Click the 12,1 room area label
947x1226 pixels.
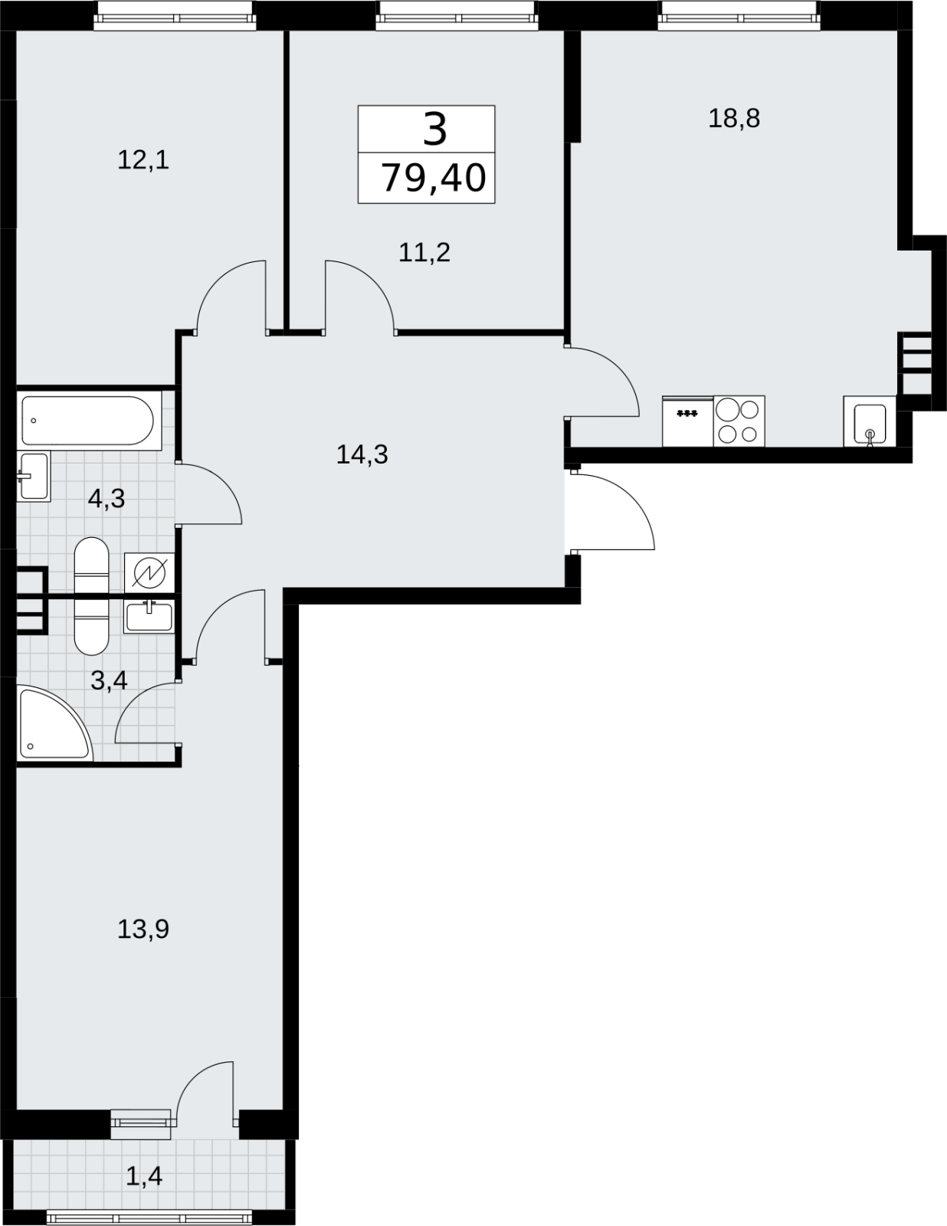point(143,161)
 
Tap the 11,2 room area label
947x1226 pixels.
point(424,252)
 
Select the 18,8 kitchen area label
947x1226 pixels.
point(734,119)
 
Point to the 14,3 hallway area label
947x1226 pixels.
point(362,454)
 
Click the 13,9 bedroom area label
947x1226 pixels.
point(143,929)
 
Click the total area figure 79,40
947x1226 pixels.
point(433,178)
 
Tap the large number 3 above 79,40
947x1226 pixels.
point(435,129)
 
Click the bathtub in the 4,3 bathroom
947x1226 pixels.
point(88,420)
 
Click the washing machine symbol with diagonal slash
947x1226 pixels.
point(149,573)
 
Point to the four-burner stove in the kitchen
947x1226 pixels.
point(739,421)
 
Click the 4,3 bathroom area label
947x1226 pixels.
point(106,498)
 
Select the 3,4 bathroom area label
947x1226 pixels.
point(109,680)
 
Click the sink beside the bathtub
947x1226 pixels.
point(33,476)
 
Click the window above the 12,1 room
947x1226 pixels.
point(175,16)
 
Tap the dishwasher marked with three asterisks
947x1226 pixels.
point(687,421)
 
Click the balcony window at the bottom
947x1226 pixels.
point(149,1216)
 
